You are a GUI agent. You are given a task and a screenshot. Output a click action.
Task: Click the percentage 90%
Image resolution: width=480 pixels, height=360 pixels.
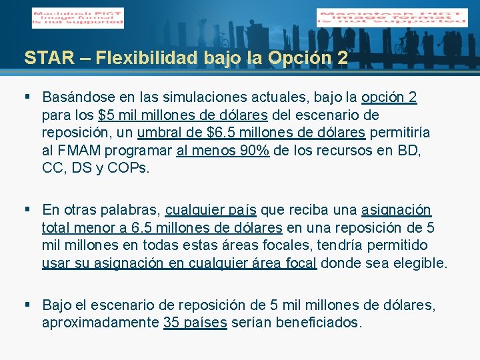pyautogui.click(x=255, y=150)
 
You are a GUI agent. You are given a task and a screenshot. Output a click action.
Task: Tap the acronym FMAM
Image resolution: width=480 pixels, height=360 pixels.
pyautogui.click(x=77, y=150)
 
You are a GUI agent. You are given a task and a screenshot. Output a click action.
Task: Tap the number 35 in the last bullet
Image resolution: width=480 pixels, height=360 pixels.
pyautogui.click(x=171, y=323)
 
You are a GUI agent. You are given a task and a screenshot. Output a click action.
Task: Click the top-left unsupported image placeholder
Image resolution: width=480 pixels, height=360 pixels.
pyautogui.click(x=77, y=17)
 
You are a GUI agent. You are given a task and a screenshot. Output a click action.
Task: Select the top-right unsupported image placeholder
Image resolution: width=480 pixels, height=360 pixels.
pyautogui.click(x=392, y=17)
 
